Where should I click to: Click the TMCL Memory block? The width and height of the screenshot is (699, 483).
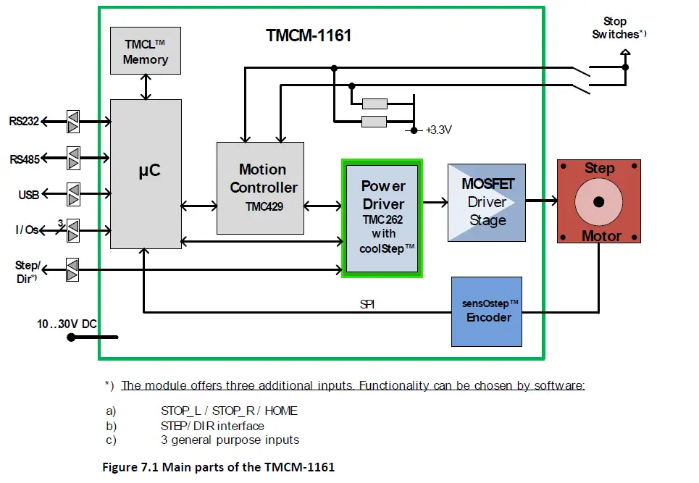click(145, 51)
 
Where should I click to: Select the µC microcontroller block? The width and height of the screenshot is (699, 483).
click(146, 174)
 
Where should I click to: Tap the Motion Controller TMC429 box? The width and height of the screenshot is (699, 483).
click(260, 188)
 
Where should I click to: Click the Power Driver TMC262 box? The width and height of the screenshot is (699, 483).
click(382, 218)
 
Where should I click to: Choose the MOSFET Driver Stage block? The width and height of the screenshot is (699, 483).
click(487, 201)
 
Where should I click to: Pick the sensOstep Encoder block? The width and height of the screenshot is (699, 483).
click(486, 311)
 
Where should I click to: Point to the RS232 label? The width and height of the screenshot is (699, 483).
click(25, 121)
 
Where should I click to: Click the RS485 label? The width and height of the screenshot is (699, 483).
click(25, 158)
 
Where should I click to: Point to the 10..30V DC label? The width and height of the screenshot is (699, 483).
click(67, 324)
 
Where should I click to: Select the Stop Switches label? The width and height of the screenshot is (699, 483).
click(616, 28)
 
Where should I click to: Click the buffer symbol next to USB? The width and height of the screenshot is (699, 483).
click(72, 194)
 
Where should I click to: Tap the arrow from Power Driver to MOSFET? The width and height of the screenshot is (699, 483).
click(435, 202)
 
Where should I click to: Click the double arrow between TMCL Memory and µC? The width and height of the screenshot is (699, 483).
click(146, 86)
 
